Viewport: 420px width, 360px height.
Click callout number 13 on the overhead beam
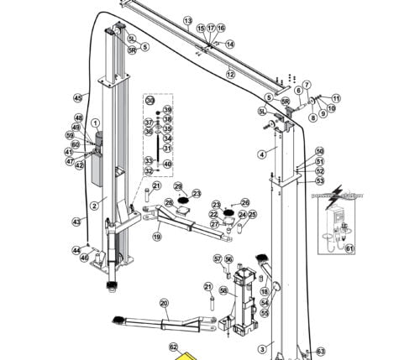(187, 20)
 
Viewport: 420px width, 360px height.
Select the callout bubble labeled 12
(229, 74)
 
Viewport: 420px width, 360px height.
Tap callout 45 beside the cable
(78, 97)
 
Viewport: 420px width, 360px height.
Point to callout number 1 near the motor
(95, 123)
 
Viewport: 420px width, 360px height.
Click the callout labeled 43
(77, 222)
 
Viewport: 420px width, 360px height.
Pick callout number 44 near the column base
(76, 249)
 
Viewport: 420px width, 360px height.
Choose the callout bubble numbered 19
(156, 237)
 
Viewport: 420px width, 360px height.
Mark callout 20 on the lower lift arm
(164, 303)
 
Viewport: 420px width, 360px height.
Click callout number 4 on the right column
(261, 154)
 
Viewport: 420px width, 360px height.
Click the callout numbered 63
(320, 351)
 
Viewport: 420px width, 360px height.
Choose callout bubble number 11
(336, 97)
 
